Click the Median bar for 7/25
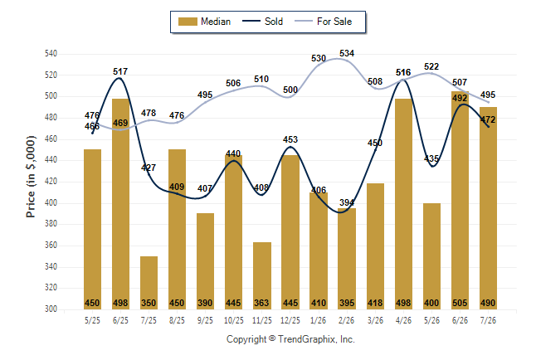click(149, 283)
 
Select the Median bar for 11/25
click(262, 276)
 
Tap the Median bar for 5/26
click(431, 256)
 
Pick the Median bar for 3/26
click(375, 246)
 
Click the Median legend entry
click(204, 22)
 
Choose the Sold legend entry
click(262, 22)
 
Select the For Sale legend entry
click(323, 22)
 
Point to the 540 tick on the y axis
click(51, 54)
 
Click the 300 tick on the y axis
click(51, 309)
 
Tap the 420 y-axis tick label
click(51, 182)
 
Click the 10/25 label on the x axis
click(234, 320)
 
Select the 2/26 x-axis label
click(347, 320)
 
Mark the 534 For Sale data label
click(347, 53)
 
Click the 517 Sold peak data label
click(120, 71)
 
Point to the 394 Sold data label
click(347, 202)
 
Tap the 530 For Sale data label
click(319, 58)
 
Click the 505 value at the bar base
click(460, 303)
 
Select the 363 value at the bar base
click(261, 303)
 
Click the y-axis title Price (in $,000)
click(31, 177)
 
